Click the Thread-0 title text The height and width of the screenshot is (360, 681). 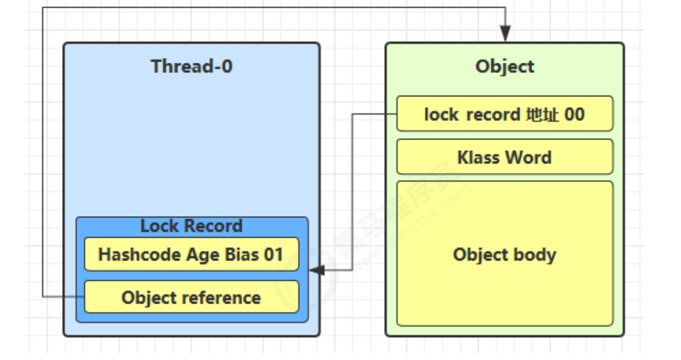[191, 67]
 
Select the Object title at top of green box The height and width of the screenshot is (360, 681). [505, 67]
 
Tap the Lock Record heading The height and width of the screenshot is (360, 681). [191, 226]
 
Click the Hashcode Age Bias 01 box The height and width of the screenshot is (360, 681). [191, 254]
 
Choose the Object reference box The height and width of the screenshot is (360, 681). [191, 297]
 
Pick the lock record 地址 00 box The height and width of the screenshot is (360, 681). [505, 114]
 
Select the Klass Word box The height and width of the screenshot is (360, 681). [505, 157]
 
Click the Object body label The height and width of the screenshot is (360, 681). [505, 255]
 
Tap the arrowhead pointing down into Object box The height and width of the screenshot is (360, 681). [505, 34]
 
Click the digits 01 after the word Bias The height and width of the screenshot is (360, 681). [274, 255]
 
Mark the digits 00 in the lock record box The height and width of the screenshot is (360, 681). [574, 114]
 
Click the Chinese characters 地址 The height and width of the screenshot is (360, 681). [543, 114]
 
